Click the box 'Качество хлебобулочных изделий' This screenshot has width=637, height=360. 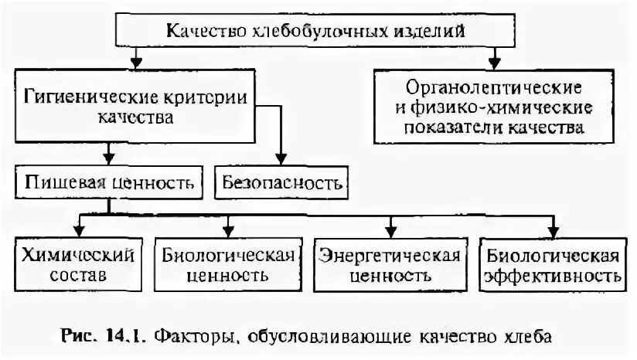[x=318, y=32]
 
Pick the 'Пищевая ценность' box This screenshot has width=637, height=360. [x=109, y=183]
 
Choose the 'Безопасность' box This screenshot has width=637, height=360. [x=281, y=183]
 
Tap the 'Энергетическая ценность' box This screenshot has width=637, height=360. [x=390, y=264]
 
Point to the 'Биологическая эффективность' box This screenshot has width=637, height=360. [x=551, y=264]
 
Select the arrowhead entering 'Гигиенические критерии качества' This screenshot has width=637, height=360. [x=136, y=61]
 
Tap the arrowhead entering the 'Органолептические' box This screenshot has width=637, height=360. [x=493, y=61]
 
